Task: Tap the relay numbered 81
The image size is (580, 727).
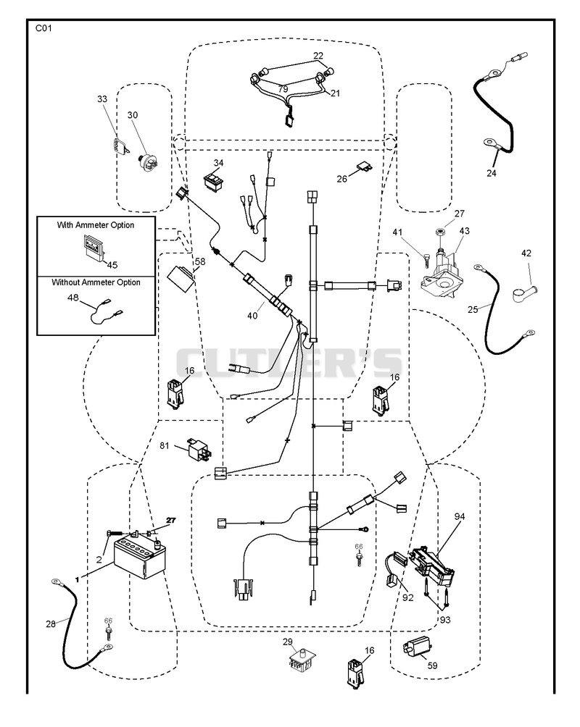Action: click(x=199, y=448)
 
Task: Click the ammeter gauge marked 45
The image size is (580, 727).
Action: click(x=95, y=245)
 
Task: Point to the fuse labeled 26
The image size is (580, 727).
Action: click(x=365, y=167)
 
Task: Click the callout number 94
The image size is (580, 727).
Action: click(x=459, y=516)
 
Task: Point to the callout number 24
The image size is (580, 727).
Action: click(x=492, y=173)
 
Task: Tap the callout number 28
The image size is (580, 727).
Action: click(x=51, y=624)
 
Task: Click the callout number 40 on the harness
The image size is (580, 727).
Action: click(x=252, y=316)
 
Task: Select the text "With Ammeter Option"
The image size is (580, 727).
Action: click(x=96, y=225)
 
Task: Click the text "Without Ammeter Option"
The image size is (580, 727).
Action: click(x=96, y=282)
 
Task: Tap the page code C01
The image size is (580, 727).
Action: click(x=43, y=28)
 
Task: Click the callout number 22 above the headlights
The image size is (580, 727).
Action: click(x=318, y=56)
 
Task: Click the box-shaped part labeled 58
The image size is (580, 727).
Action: click(x=181, y=278)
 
